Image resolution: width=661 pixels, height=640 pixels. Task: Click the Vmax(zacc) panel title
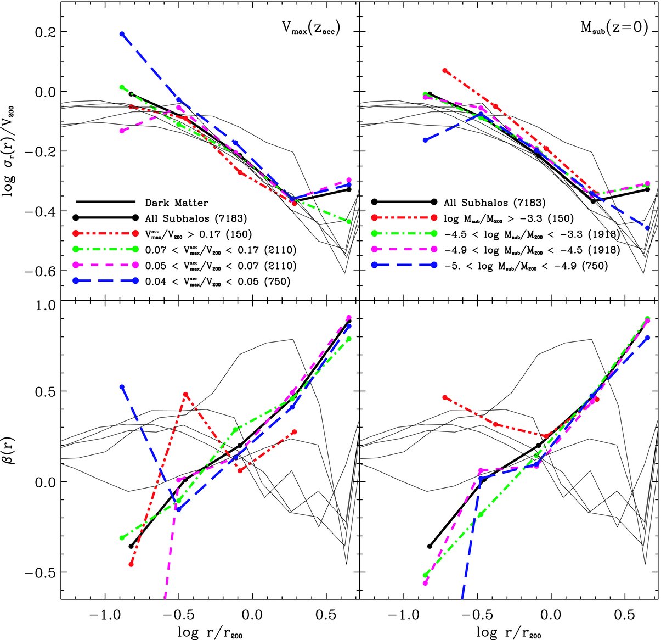coord(309,29)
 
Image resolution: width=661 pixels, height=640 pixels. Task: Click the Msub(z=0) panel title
coord(614,29)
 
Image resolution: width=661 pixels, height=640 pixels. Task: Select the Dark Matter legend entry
coord(176,203)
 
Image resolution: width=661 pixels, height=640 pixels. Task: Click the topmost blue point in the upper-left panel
coord(122,34)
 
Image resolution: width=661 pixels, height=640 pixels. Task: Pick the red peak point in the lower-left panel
coord(186,394)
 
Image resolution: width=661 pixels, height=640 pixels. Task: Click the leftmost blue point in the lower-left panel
coord(122,387)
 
